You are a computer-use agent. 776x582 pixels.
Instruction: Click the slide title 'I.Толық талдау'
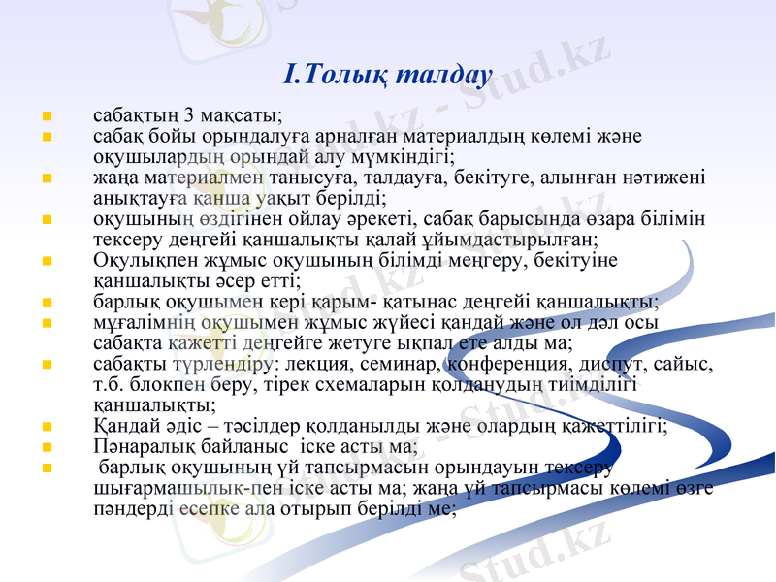point(388,74)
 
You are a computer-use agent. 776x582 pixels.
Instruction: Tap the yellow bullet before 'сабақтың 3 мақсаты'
point(46,116)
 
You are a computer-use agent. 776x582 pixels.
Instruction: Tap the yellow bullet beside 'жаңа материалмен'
point(46,178)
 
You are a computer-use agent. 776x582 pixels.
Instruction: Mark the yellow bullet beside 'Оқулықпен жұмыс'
point(46,260)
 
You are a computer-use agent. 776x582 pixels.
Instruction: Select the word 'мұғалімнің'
point(135,322)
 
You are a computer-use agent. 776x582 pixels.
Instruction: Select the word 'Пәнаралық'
point(137,447)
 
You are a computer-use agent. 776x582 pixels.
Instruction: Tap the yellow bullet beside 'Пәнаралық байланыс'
point(46,447)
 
